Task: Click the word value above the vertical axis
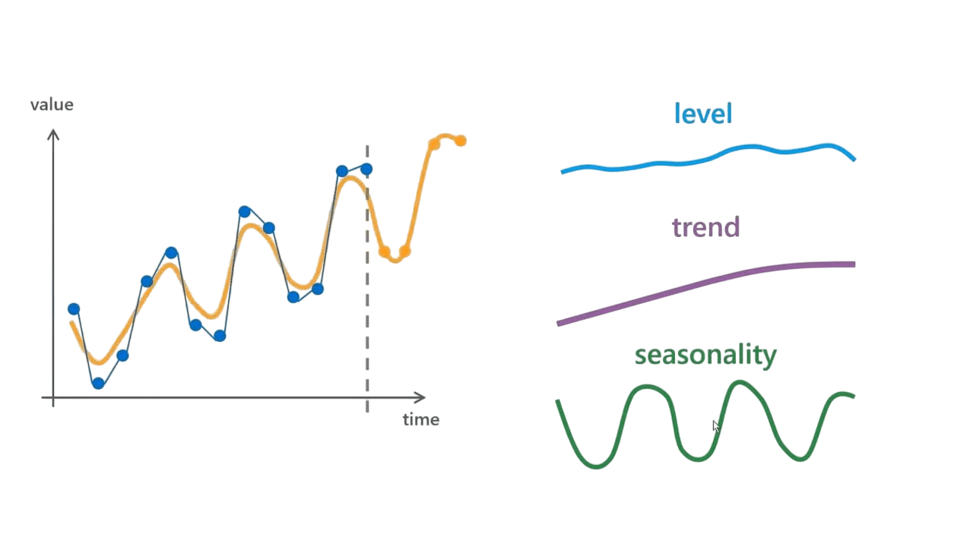click(x=52, y=105)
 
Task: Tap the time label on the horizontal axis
click(x=421, y=420)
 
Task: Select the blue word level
click(x=703, y=114)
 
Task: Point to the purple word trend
click(x=706, y=227)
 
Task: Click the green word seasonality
click(x=705, y=355)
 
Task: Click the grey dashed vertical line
click(x=367, y=279)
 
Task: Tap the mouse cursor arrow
click(x=716, y=426)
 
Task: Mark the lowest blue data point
click(x=98, y=383)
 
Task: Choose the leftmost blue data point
click(x=74, y=308)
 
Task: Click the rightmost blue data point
click(x=366, y=169)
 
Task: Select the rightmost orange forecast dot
click(x=461, y=141)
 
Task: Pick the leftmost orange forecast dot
click(x=385, y=251)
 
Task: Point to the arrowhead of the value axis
click(x=53, y=130)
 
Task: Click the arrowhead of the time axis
click(x=423, y=397)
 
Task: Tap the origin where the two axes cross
click(x=53, y=397)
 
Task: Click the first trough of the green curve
click(x=595, y=466)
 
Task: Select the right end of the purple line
click(x=855, y=264)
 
